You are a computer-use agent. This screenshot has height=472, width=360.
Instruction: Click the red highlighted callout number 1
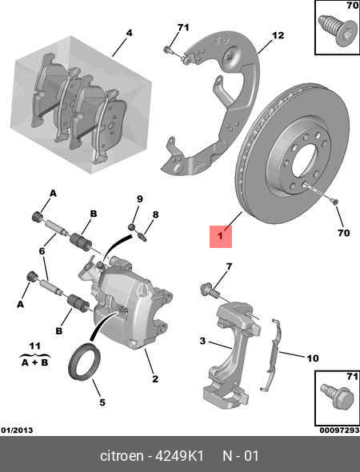[x=220, y=236]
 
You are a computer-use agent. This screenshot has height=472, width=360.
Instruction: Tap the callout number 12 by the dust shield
[x=278, y=35]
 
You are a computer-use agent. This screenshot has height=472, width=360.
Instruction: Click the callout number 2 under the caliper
[x=154, y=379]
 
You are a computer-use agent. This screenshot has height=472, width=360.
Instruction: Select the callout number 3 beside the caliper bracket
[x=202, y=342]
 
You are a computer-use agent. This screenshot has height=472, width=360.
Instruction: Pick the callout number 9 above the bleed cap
[x=138, y=198]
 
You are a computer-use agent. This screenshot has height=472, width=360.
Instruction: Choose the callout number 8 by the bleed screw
[x=156, y=214]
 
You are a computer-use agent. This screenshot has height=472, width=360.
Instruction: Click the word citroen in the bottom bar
[x=123, y=456]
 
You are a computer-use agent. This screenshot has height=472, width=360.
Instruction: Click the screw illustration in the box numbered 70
[x=331, y=28]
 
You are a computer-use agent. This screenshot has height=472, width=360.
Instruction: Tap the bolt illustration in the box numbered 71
[x=331, y=394]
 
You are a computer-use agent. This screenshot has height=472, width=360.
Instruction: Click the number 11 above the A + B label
[x=34, y=345]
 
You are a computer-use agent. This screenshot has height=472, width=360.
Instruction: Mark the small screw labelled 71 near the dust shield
[x=168, y=50]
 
